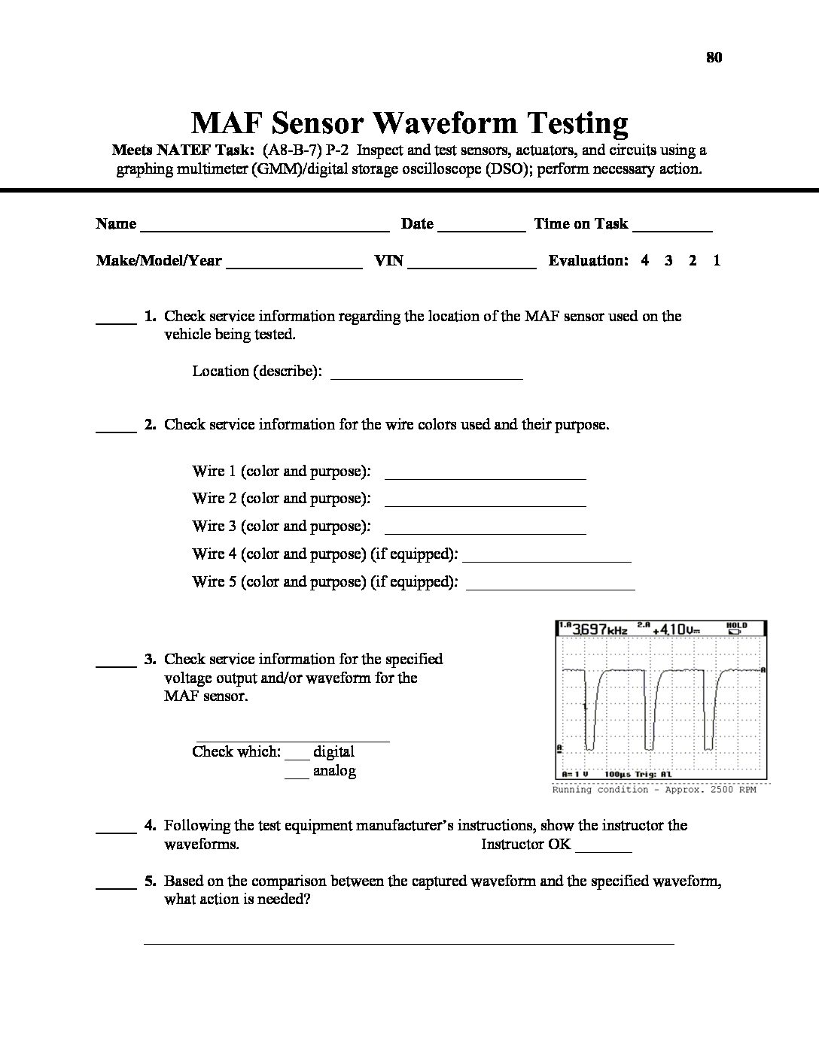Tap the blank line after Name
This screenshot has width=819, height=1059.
click(264, 229)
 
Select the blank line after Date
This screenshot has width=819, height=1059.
click(481, 229)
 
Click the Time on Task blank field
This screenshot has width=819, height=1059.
click(672, 229)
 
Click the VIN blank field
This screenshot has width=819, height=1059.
click(471, 266)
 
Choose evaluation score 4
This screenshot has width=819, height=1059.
click(644, 261)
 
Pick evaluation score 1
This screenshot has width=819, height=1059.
click(717, 261)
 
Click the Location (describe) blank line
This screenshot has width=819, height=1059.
click(427, 377)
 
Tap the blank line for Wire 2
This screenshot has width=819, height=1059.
click(485, 504)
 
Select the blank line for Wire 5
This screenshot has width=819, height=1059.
click(551, 587)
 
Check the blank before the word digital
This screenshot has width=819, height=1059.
click(297, 757)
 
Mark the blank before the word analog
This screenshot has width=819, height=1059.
click(297, 776)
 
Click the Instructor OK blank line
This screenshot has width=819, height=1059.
click(603, 850)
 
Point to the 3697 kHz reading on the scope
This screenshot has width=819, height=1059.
click(599, 629)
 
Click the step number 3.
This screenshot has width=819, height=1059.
click(151, 660)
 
